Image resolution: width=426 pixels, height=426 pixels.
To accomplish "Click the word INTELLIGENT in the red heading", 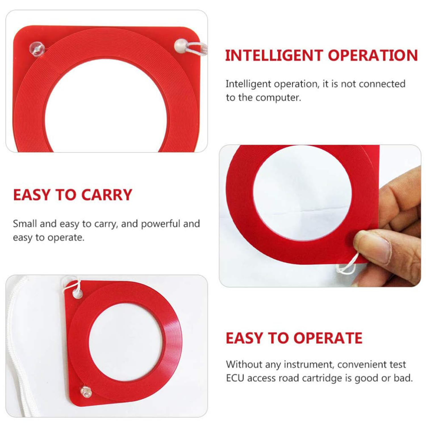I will (x=274, y=56).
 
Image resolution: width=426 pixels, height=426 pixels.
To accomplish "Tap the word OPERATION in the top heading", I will (x=373, y=56).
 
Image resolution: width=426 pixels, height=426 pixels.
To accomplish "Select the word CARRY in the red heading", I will (x=106, y=195).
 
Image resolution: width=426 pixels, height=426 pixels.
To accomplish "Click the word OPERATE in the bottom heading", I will (x=328, y=338).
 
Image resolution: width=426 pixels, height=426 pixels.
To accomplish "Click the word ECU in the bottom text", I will (x=235, y=378).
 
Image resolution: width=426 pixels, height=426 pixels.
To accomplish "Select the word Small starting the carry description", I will (x=25, y=224).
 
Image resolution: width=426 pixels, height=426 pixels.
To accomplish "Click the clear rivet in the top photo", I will (x=37, y=49).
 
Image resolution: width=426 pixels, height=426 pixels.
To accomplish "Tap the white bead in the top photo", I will (x=180, y=45).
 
